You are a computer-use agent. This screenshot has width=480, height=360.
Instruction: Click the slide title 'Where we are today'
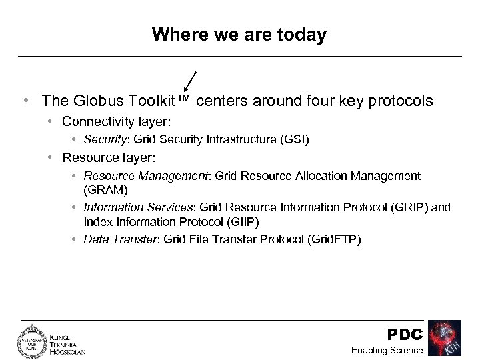tap(239, 34)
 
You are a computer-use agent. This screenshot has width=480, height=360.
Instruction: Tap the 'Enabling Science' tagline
tap(388, 350)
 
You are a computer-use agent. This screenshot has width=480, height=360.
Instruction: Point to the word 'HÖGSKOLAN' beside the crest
tap(68, 351)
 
